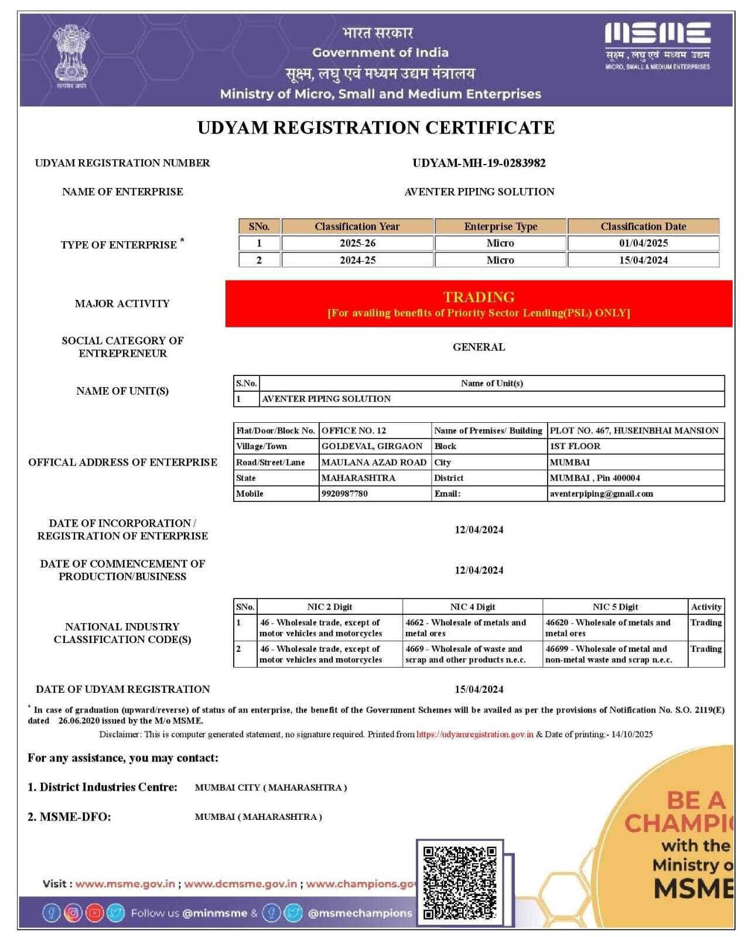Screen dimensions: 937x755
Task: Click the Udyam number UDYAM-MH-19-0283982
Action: (479, 163)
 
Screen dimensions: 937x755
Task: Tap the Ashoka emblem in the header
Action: (71, 56)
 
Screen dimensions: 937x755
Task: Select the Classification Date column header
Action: (643, 227)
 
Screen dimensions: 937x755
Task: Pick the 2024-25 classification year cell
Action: (357, 260)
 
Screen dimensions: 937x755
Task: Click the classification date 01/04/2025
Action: (643, 243)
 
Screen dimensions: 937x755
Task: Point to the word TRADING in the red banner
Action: (479, 297)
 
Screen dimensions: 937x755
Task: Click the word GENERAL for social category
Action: (479, 347)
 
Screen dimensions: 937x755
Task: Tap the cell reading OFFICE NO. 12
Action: (354, 430)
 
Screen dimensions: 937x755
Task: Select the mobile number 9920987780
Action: (344, 494)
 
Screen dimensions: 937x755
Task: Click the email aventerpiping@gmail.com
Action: (601, 494)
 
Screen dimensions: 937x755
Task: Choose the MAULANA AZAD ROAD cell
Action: (374, 462)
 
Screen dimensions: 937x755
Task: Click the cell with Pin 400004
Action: (595, 478)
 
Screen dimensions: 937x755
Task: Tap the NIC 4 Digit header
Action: (472, 607)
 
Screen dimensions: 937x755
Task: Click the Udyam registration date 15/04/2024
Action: (479, 689)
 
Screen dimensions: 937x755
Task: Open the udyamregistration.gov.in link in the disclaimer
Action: (474, 734)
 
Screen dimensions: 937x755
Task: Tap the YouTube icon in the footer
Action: (94, 912)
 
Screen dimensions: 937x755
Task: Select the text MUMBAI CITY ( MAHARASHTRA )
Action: (271, 788)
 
